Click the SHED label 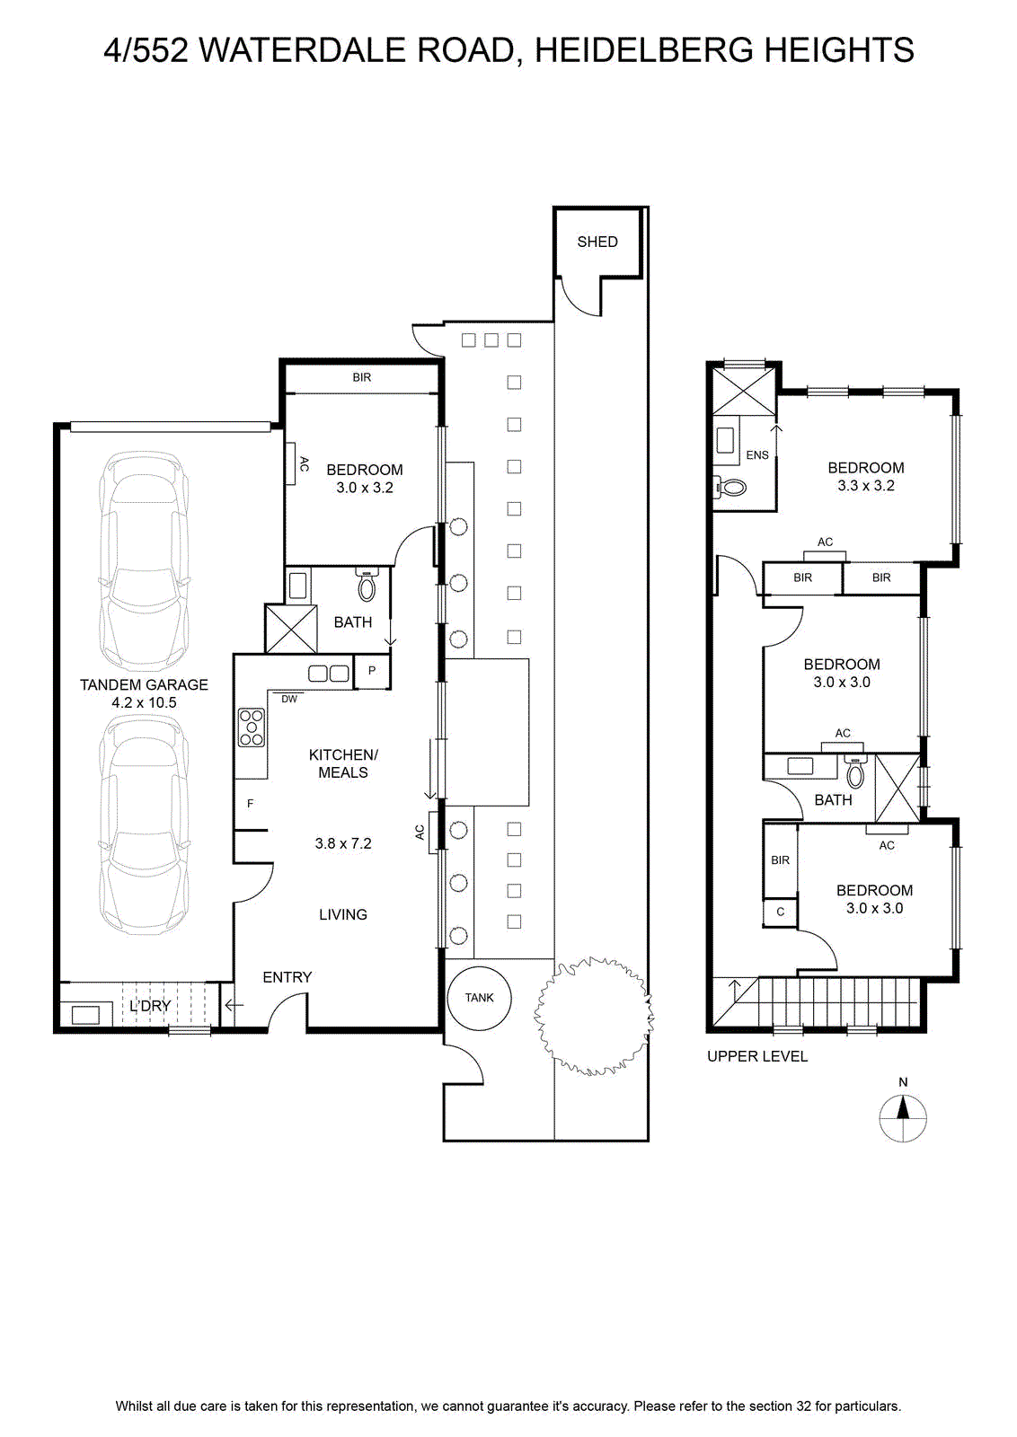click(597, 242)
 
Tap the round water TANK click(479, 998)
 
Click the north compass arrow click(903, 1108)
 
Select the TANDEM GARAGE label click(144, 684)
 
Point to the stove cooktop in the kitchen click(251, 727)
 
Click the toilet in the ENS click(730, 489)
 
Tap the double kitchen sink click(329, 674)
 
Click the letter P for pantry click(372, 671)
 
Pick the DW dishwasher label click(289, 700)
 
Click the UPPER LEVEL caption click(757, 1056)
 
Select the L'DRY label click(150, 1005)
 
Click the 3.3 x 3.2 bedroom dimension click(865, 486)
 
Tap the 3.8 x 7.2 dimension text click(342, 843)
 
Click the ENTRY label click(287, 977)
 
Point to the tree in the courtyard click(594, 1016)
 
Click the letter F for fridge click(251, 803)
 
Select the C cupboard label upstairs click(780, 912)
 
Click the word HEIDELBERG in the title click(643, 50)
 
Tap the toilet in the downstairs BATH click(367, 585)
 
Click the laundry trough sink click(85, 1015)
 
